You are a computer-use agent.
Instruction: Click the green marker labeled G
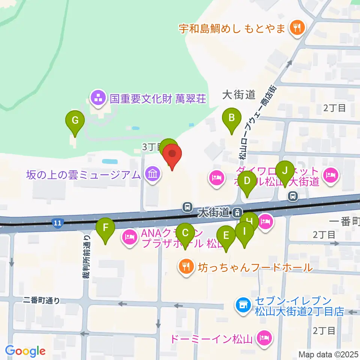point(75,121)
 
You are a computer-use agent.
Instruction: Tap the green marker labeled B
point(232,118)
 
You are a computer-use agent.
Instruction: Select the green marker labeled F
point(105,228)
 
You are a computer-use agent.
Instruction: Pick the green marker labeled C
point(185,233)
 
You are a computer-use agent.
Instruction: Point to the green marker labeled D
point(247,181)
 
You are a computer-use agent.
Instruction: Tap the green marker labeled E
point(226,235)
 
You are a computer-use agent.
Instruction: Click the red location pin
point(172,154)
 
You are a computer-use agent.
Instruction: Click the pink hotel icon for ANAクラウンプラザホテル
point(129,237)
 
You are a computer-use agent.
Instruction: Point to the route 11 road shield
point(57,223)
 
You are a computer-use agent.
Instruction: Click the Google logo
point(25,351)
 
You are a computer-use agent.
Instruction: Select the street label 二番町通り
point(41,300)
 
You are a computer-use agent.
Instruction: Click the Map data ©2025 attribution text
point(328,354)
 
